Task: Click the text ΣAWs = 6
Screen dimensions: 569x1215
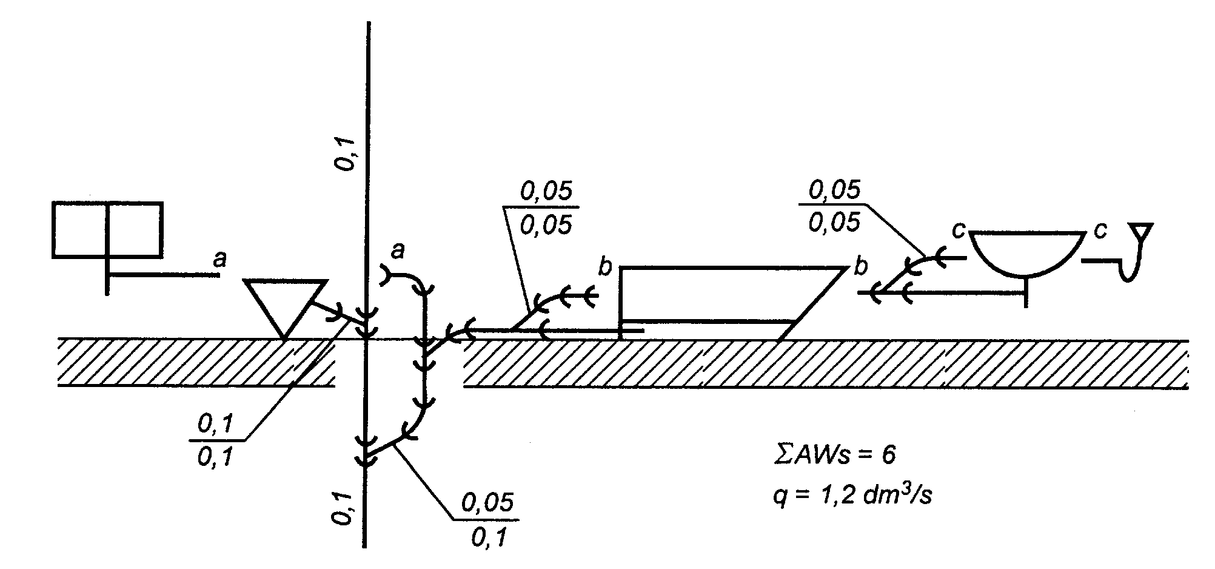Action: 834,455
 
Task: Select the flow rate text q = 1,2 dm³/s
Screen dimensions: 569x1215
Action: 852,496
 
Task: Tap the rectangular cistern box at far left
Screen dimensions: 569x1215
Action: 107,229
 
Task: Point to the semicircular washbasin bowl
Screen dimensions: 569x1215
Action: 1026,252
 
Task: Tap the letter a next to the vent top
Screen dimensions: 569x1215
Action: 397,249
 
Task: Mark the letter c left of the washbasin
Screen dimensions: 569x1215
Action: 958,230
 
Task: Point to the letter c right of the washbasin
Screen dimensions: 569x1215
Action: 1100,230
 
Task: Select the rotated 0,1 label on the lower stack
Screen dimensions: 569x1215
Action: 343,508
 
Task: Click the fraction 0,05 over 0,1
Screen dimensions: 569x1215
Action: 487,520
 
